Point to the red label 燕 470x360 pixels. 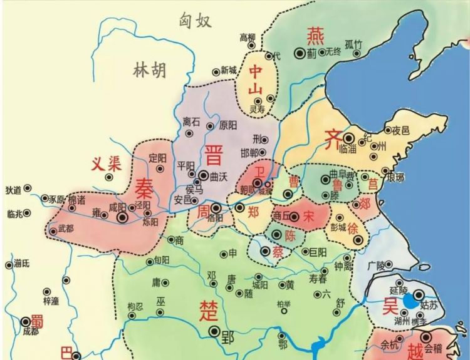[x=313, y=35]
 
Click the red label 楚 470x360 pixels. [x=208, y=311]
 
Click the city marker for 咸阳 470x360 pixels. [x=123, y=217]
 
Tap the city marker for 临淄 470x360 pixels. [x=348, y=138]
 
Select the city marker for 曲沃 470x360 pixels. [x=203, y=176]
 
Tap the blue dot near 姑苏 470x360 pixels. [x=409, y=301]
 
